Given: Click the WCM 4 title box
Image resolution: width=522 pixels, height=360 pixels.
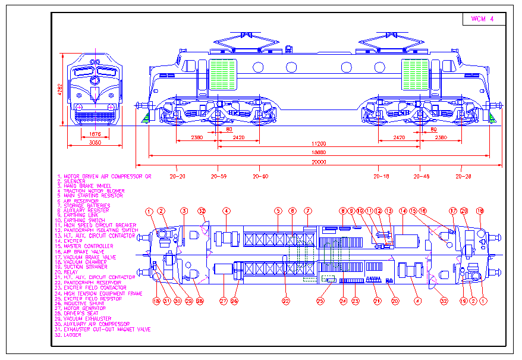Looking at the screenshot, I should (x=483, y=19).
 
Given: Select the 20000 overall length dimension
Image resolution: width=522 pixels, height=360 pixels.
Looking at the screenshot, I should (x=319, y=162).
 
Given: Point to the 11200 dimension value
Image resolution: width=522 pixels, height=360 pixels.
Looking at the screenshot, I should (x=319, y=144).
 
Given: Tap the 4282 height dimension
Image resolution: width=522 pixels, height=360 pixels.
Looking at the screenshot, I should (x=59, y=89).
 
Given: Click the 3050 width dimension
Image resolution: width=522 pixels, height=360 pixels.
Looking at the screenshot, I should (x=95, y=143).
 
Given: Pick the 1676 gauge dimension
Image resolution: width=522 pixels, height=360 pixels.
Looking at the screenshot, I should (x=95, y=134).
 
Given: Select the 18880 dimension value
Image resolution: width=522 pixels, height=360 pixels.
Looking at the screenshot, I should (x=319, y=153).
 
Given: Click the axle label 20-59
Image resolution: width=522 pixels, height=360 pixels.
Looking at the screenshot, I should (x=219, y=176).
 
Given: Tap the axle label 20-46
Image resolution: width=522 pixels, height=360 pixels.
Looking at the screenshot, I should (x=421, y=176).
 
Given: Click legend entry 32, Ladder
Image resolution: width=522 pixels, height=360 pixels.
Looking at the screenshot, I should (x=69, y=335).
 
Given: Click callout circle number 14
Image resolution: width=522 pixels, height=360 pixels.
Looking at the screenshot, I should (x=402, y=211).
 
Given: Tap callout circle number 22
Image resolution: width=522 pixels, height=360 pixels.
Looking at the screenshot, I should (x=285, y=301).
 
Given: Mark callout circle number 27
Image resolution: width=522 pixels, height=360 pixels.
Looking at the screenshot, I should (x=224, y=301).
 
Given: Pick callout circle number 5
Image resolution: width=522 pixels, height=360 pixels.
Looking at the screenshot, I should (x=278, y=211).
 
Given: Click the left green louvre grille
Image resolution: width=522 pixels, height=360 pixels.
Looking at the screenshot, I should (x=224, y=74).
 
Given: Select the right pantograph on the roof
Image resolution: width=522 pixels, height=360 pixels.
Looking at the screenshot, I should (x=383, y=43).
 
